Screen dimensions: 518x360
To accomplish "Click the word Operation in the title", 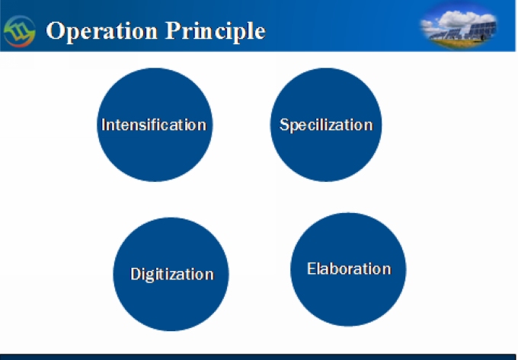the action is (102, 31).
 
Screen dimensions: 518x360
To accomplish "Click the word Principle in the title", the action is (216, 31).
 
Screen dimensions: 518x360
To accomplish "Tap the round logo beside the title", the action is (19, 31).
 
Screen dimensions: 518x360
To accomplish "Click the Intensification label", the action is (154, 125).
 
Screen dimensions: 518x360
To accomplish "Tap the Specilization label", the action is (326, 125).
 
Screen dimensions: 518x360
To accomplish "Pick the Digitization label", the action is (172, 275).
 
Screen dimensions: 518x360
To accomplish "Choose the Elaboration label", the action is (349, 269).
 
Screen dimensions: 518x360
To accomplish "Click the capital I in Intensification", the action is (104, 125).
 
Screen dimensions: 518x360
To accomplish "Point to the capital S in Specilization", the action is (284, 125).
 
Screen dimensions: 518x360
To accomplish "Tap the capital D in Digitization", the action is (136, 274).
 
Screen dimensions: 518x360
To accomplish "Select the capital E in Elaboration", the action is (312, 269).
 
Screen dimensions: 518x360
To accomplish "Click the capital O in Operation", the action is (56, 31).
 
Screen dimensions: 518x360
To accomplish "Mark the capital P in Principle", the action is (172, 30).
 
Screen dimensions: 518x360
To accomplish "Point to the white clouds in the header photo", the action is (462, 18).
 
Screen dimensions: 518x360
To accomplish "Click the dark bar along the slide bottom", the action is (259, 357).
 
